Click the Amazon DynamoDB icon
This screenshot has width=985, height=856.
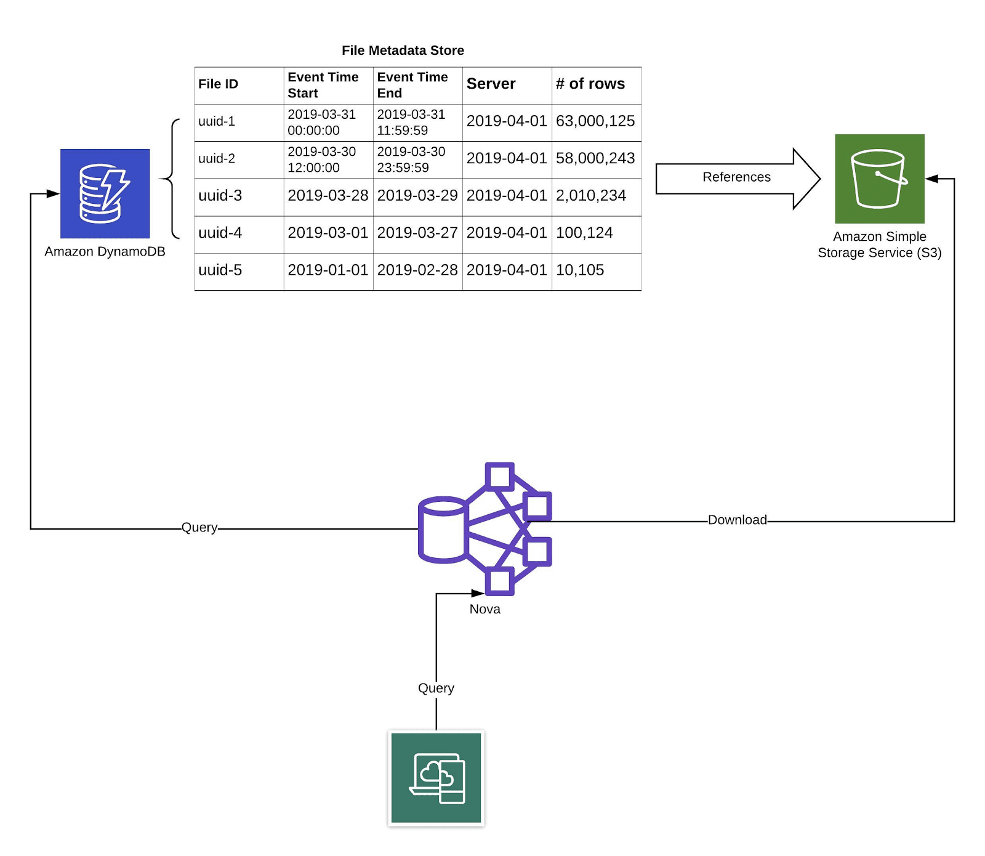click(x=105, y=193)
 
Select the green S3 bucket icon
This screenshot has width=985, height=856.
click(x=879, y=179)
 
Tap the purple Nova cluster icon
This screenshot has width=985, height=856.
click(x=484, y=529)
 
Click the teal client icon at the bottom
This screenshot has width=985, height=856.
click(x=436, y=778)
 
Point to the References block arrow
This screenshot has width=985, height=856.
click(x=737, y=178)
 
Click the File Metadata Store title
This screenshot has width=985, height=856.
click(x=403, y=50)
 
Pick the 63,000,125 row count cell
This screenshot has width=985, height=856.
click(x=595, y=121)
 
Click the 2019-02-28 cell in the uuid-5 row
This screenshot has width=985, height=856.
click(x=417, y=270)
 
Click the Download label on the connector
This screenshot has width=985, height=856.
click(x=737, y=520)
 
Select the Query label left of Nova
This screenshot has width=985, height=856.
click(x=199, y=528)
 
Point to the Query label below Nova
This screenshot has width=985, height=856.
click(x=436, y=688)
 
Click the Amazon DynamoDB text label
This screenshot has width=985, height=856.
click(x=105, y=252)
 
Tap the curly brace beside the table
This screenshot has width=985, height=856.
click(x=172, y=179)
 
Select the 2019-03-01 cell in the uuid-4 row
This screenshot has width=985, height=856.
click(x=328, y=233)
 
